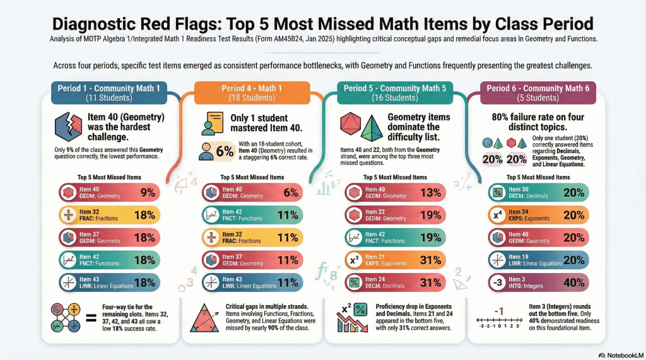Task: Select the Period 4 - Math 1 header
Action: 251,93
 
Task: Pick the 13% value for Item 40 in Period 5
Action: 430,193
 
